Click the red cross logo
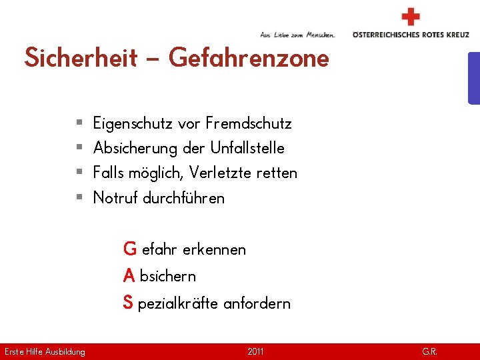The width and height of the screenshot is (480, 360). [411, 17]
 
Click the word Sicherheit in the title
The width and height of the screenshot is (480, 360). [81, 58]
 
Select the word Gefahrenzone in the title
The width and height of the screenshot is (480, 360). [249, 58]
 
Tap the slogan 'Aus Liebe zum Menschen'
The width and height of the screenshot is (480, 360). [297, 34]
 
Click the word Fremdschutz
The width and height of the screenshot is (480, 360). [249, 123]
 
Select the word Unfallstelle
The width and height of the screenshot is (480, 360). [247, 148]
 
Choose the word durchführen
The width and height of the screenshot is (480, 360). [184, 198]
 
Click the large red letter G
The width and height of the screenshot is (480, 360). [130, 249]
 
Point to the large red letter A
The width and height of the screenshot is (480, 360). [129, 275]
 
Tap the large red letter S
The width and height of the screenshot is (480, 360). [128, 303]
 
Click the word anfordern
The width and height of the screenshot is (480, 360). [257, 303]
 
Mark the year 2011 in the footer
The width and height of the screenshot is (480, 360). [255, 351]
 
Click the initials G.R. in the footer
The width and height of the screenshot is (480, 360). [429, 351]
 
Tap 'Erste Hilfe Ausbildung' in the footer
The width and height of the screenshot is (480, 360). [45, 351]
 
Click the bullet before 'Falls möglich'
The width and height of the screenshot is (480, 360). [79, 173]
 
